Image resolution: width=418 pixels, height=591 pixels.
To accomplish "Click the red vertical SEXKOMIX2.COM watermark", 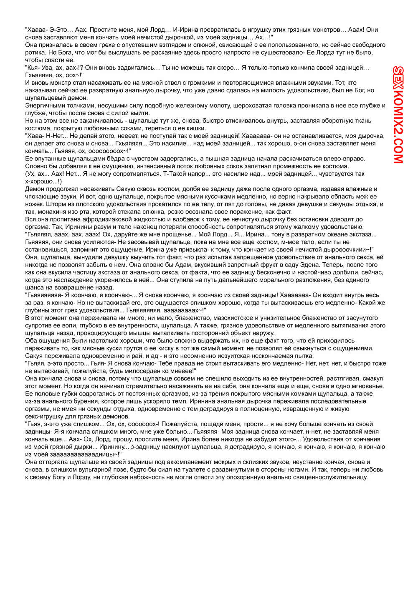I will [x=398, y=114].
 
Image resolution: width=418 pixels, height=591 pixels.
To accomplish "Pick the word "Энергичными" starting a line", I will [x=45, y=106].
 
